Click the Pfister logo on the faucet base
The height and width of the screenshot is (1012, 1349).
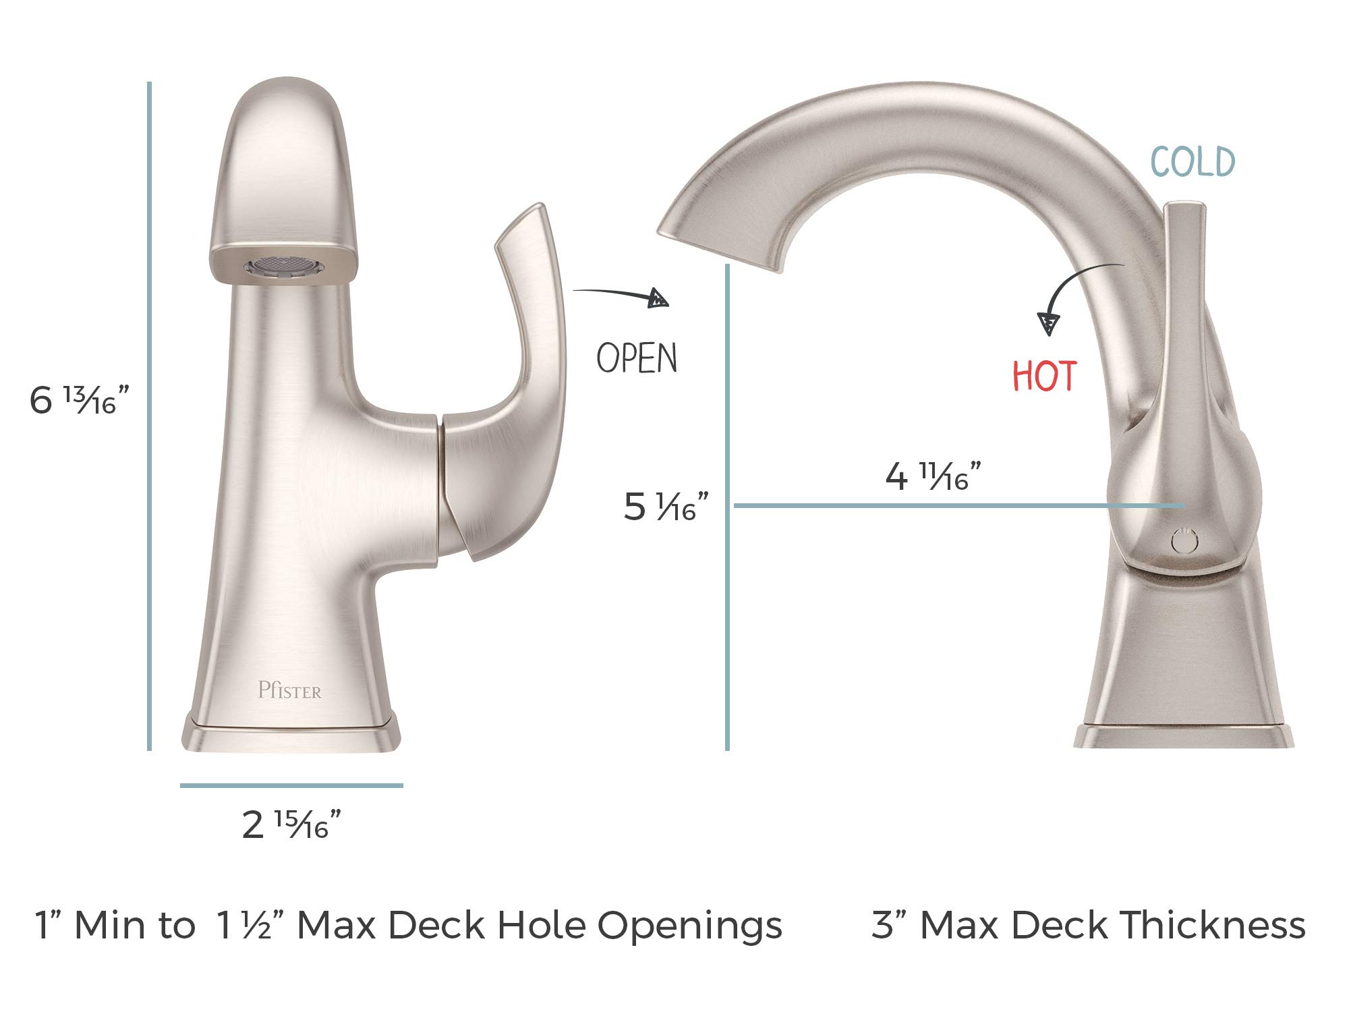(289, 690)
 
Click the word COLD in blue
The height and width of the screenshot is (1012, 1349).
(1193, 162)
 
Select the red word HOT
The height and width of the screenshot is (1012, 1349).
(1044, 376)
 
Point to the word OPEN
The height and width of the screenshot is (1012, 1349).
(637, 358)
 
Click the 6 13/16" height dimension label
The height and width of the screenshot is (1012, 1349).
(78, 400)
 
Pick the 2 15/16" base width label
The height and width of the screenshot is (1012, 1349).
(291, 824)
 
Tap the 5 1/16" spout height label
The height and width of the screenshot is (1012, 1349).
(666, 506)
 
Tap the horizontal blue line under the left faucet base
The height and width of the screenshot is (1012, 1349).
(291, 785)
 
